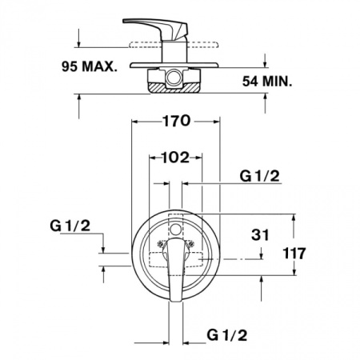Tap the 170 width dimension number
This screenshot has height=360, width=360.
coord(175,122)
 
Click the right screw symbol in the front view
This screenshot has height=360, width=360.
coord(191,241)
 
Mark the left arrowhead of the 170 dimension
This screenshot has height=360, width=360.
coord(135,122)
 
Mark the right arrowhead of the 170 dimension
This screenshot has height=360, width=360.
coord(217,122)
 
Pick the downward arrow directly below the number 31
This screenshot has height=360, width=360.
coord(262,254)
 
